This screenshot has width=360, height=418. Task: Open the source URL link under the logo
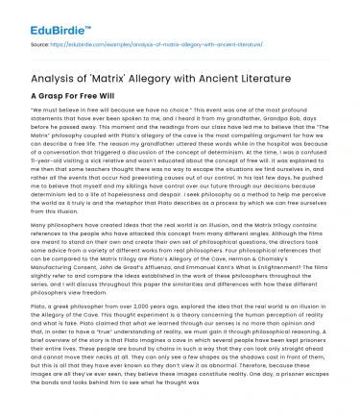point(144,44)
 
